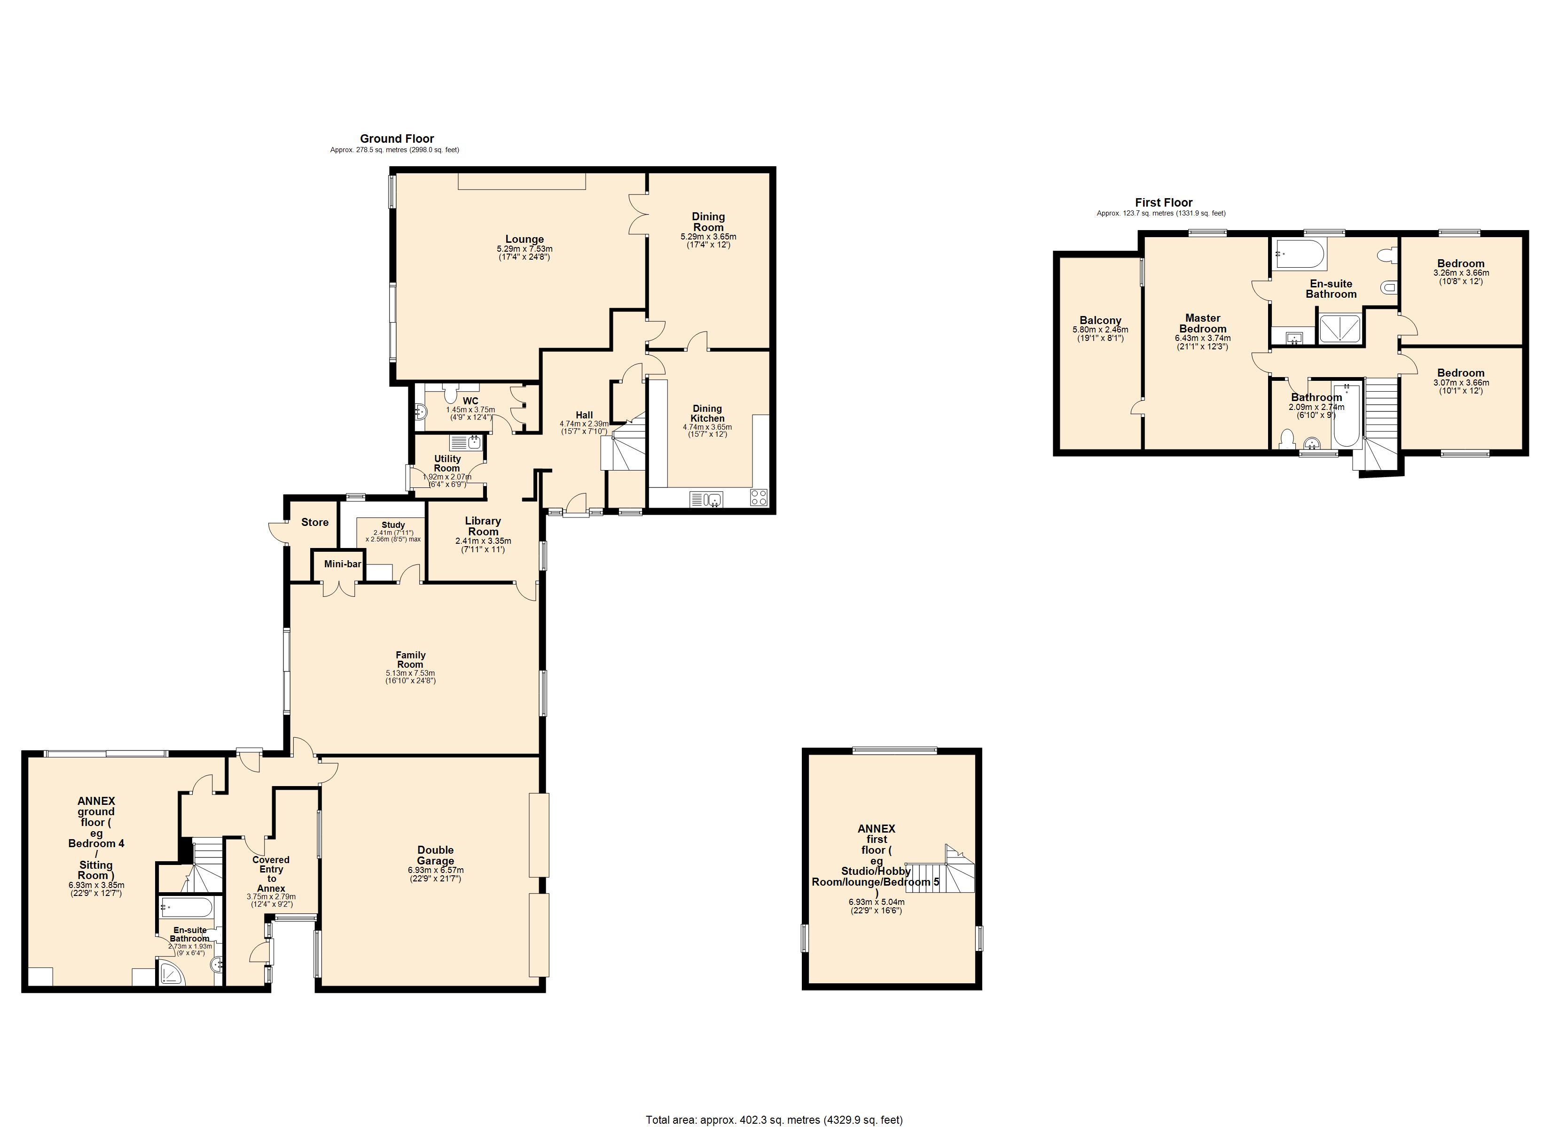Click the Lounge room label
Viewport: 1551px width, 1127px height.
click(x=525, y=239)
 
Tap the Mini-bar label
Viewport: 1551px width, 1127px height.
click(x=343, y=564)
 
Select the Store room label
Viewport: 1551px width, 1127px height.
click(x=314, y=522)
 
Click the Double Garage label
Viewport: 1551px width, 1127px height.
click(x=436, y=855)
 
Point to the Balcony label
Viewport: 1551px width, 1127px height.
click(x=1100, y=321)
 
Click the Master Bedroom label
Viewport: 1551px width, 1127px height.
click(x=1202, y=323)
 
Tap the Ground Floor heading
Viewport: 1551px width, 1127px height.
click(x=397, y=139)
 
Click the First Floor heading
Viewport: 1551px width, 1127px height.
click(x=1163, y=202)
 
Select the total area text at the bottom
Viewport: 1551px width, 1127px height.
click(x=774, y=1119)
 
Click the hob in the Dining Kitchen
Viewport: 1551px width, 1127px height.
click(x=759, y=498)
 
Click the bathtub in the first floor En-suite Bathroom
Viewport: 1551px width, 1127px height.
click(x=1299, y=255)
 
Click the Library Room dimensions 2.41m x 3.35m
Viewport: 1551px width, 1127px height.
click(x=483, y=540)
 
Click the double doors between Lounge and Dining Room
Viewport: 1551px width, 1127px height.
click(x=638, y=215)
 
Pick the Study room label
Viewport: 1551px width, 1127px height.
click(x=393, y=525)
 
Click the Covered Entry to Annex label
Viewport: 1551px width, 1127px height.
click(x=271, y=874)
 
